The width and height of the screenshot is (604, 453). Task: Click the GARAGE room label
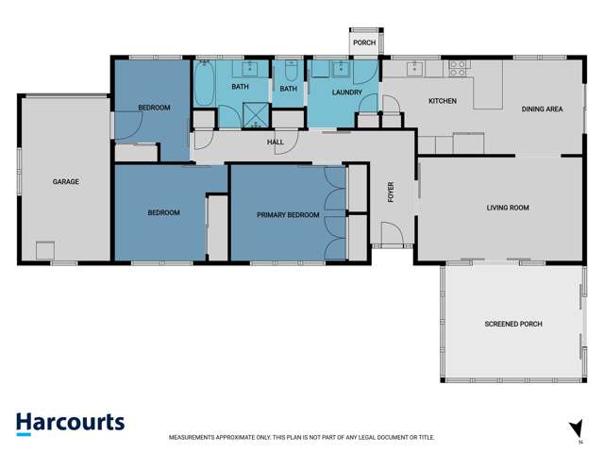pos(65,181)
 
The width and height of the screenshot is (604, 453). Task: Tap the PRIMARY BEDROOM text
pos(288,215)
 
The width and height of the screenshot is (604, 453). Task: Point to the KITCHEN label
pos(443,101)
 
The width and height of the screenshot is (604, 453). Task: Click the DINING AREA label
pos(542,109)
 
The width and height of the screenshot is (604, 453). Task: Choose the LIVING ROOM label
pos(508,208)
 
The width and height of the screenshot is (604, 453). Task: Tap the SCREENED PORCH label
pos(513,324)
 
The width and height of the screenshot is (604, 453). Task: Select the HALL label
pos(276,143)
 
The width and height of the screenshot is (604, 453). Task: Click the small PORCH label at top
pos(364,42)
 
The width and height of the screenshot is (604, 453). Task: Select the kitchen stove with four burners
pos(459,68)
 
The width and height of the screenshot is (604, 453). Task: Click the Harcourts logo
pos(70,423)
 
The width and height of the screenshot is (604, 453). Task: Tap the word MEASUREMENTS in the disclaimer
pos(194,438)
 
